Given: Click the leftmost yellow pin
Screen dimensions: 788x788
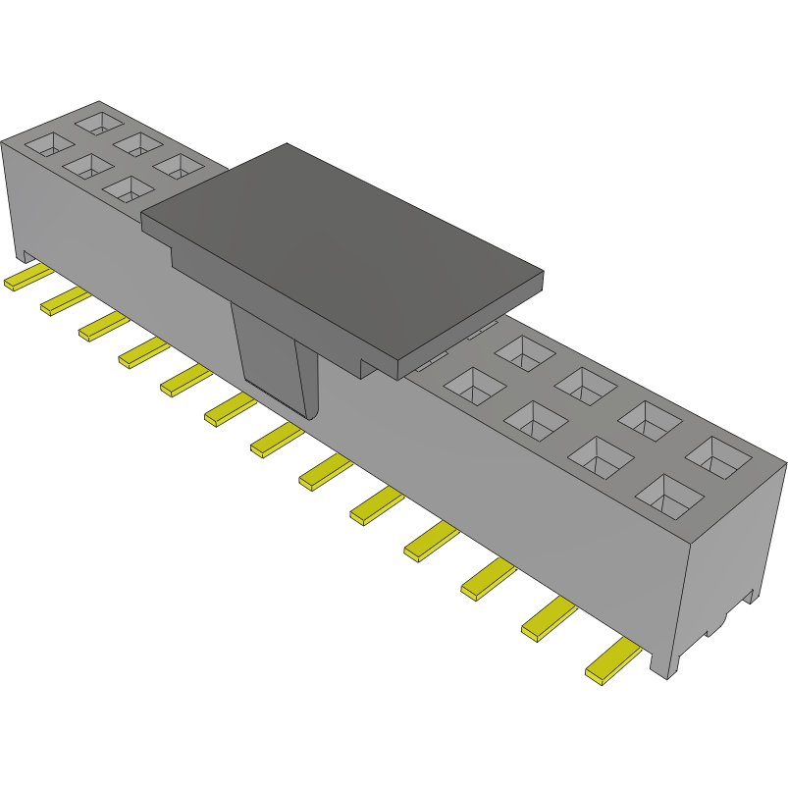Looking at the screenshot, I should coord(24,278).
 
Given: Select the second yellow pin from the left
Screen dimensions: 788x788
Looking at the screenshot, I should coord(63,301).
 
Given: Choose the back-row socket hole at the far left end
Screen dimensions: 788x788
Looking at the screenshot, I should coord(98,123).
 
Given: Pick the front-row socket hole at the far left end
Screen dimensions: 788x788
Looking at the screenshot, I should coord(44,145).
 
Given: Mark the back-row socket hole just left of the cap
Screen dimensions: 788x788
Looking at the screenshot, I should coord(181,166).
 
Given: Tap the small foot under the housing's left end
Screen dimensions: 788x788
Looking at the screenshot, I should coord(19,251).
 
